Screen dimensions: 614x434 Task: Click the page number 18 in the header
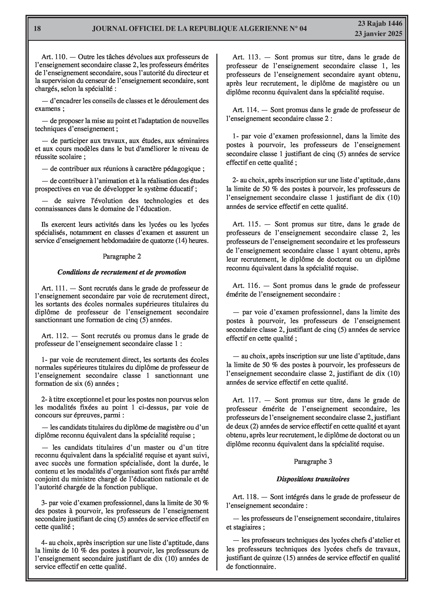pyautogui.click(x=37, y=29)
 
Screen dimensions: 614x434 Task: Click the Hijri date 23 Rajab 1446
pyautogui.click(x=380, y=24)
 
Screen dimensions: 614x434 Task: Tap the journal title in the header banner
pyautogui.click(x=199, y=29)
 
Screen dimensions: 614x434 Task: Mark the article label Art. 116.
pyautogui.click(x=246, y=286)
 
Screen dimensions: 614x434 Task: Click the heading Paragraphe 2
pyautogui.click(x=122, y=256)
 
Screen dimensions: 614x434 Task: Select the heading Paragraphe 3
pyautogui.click(x=313, y=462)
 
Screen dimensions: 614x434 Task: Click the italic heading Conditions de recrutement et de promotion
pyautogui.click(x=122, y=272)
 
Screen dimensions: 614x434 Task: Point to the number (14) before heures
pyautogui.click(x=181, y=241)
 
